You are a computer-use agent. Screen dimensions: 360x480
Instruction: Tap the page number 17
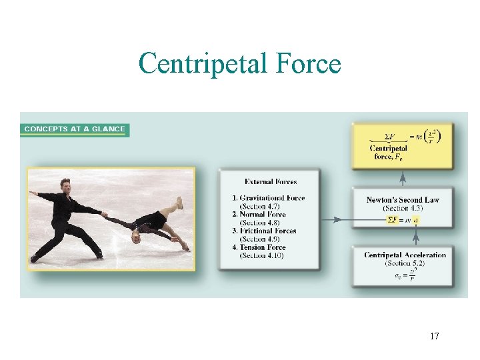click(x=435, y=336)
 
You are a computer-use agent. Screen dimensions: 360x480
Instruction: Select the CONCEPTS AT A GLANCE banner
click(x=75, y=129)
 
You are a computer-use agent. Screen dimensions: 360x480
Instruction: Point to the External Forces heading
click(x=271, y=181)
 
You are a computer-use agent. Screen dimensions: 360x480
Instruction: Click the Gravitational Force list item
click(x=269, y=198)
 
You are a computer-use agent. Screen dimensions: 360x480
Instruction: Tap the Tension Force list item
click(x=262, y=247)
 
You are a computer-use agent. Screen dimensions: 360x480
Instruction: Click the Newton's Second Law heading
click(x=403, y=200)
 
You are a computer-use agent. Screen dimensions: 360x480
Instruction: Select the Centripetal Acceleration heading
click(x=405, y=255)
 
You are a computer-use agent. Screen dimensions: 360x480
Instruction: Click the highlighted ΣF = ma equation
click(x=403, y=219)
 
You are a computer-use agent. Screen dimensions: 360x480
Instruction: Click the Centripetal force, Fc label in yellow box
click(x=389, y=153)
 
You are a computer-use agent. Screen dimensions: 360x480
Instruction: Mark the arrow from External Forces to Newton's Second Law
click(x=337, y=219)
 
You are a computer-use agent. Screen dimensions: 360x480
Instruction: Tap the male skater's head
click(x=65, y=185)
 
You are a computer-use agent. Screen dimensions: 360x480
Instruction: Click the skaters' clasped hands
click(x=105, y=215)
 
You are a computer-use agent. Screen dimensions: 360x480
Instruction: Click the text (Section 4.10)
click(x=262, y=255)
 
